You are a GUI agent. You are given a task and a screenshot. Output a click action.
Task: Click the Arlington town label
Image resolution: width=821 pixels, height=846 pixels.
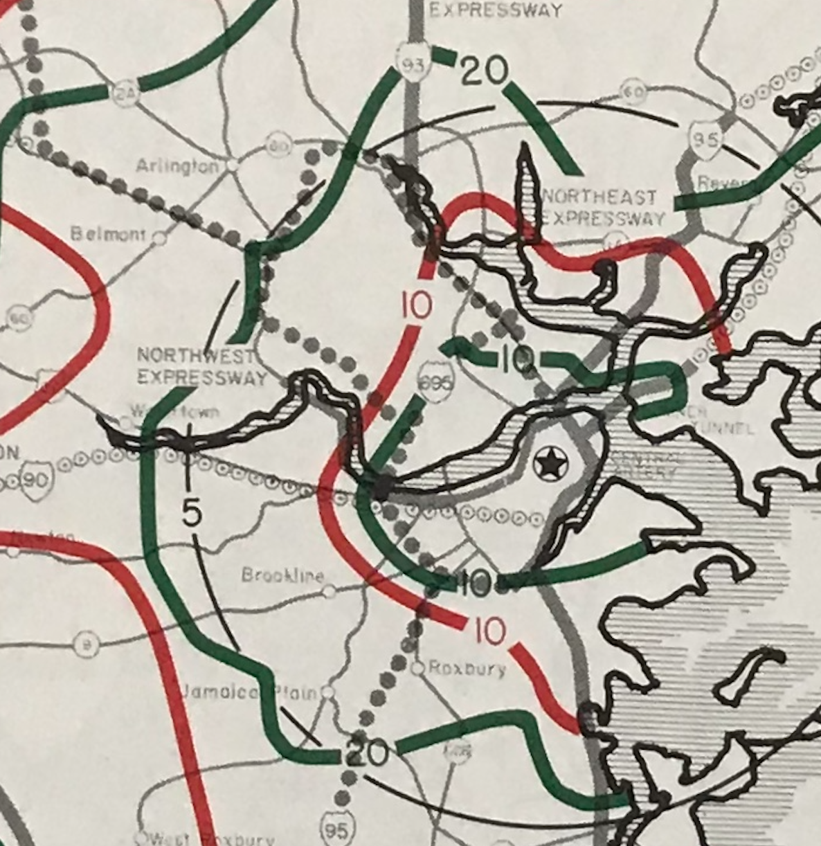pos(177,167)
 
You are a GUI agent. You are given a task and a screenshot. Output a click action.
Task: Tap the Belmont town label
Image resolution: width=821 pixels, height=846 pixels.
pos(108,235)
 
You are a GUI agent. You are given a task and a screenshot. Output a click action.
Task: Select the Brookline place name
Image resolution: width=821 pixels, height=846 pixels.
pos(282,575)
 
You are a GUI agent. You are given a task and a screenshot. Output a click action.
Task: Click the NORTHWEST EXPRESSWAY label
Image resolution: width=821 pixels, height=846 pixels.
pos(201,367)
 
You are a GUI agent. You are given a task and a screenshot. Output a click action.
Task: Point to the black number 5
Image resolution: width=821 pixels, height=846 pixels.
pos(192,513)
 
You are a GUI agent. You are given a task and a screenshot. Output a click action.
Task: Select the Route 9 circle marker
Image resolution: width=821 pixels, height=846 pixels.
pos(86,645)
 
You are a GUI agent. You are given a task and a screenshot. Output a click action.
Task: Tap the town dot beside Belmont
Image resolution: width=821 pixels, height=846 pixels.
pos(159,238)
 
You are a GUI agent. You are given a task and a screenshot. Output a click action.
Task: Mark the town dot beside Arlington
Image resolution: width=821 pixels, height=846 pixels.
pos(233,165)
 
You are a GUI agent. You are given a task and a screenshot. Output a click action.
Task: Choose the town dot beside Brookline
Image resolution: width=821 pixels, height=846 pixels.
pos(330,591)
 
